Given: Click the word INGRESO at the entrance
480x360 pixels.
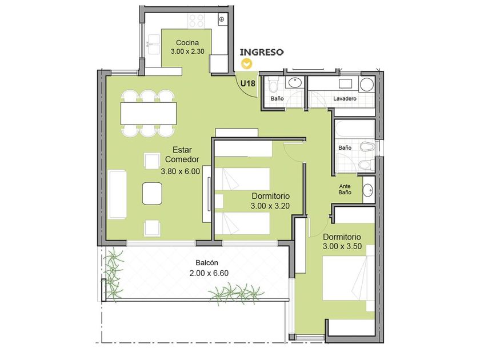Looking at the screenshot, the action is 262,53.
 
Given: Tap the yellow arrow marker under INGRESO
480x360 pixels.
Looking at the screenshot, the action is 246,64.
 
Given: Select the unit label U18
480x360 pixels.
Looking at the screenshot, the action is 247,83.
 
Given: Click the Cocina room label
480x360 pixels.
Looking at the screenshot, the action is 187,42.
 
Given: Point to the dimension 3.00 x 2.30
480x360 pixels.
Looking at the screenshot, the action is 187,51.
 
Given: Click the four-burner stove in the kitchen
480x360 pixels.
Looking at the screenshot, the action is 196,21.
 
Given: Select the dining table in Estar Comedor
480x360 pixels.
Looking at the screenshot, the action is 149,114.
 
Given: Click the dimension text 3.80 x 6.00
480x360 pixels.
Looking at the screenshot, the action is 181,171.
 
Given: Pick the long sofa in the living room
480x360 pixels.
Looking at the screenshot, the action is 118,194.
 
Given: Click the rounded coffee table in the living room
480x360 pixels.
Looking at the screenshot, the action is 152,194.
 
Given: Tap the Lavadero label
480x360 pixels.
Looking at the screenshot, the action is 345,98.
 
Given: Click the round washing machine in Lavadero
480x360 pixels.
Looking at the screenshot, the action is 366,84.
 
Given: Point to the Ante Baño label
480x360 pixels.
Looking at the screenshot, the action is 345,189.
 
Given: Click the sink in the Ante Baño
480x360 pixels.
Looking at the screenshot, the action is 368,190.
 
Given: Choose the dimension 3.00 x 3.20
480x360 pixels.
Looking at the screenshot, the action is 270,206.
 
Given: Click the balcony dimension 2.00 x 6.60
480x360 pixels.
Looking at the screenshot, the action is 209,273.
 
